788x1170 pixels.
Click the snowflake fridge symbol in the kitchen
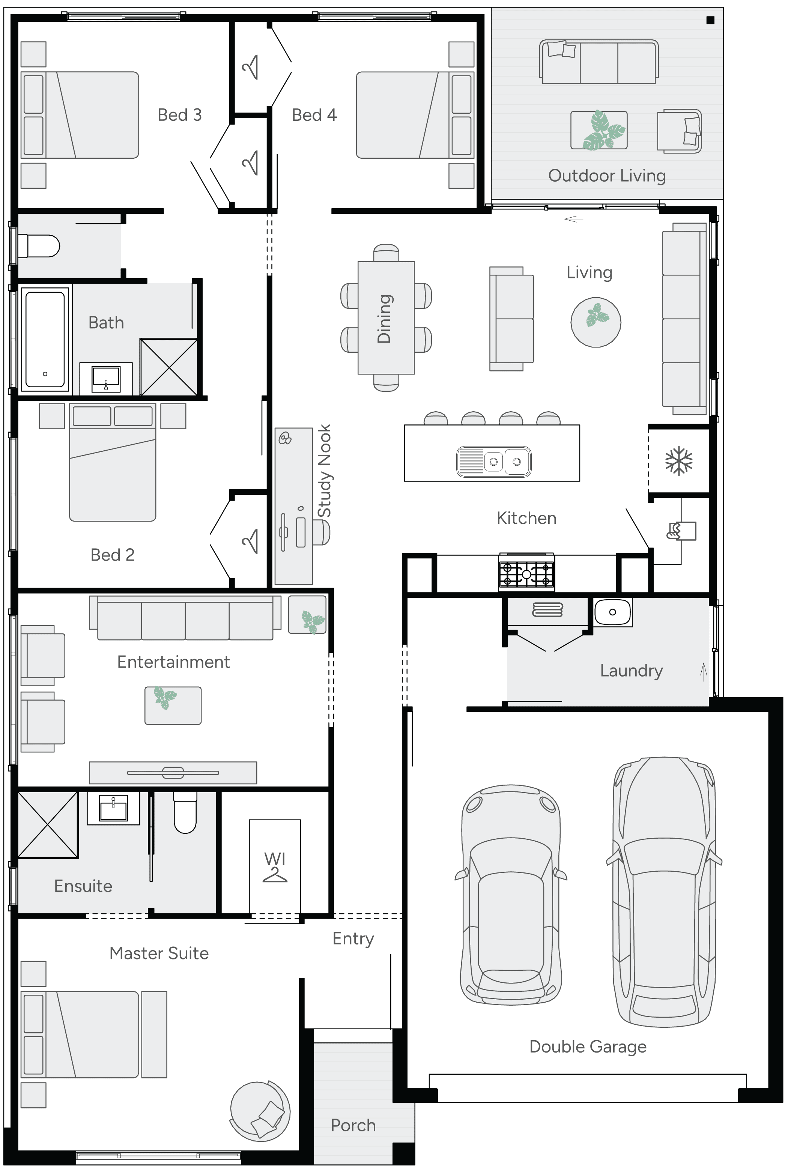[x=678, y=460]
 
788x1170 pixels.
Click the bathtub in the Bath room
[x=45, y=339]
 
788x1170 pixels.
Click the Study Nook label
[x=325, y=471]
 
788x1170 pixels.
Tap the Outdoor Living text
[x=607, y=175]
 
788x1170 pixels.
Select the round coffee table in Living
[x=596, y=322]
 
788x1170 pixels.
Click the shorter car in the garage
[x=511, y=895]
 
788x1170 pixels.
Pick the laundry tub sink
[x=612, y=612]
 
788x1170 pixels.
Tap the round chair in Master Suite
[x=260, y=1111]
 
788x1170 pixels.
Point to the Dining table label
[x=385, y=319]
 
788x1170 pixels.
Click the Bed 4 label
[x=314, y=115]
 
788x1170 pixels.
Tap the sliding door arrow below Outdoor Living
[x=573, y=219]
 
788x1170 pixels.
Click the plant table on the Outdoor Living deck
[x=599, y=130]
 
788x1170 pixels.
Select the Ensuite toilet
[x=185, y=812]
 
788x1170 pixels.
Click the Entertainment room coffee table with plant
[x=173, y=705]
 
